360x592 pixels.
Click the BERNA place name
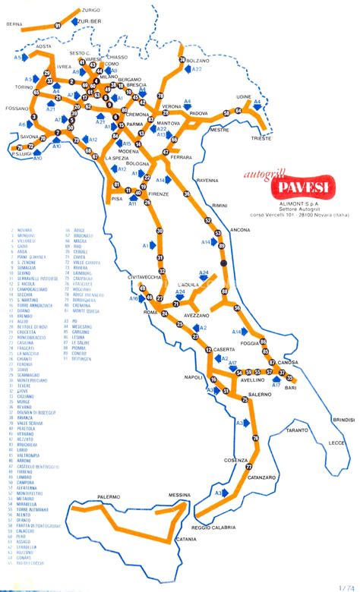coord(14,24)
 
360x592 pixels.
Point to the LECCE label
coord(335,443)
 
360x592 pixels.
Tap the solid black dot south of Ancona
coord(223,263)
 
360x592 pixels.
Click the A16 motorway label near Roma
coord(134,299)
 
